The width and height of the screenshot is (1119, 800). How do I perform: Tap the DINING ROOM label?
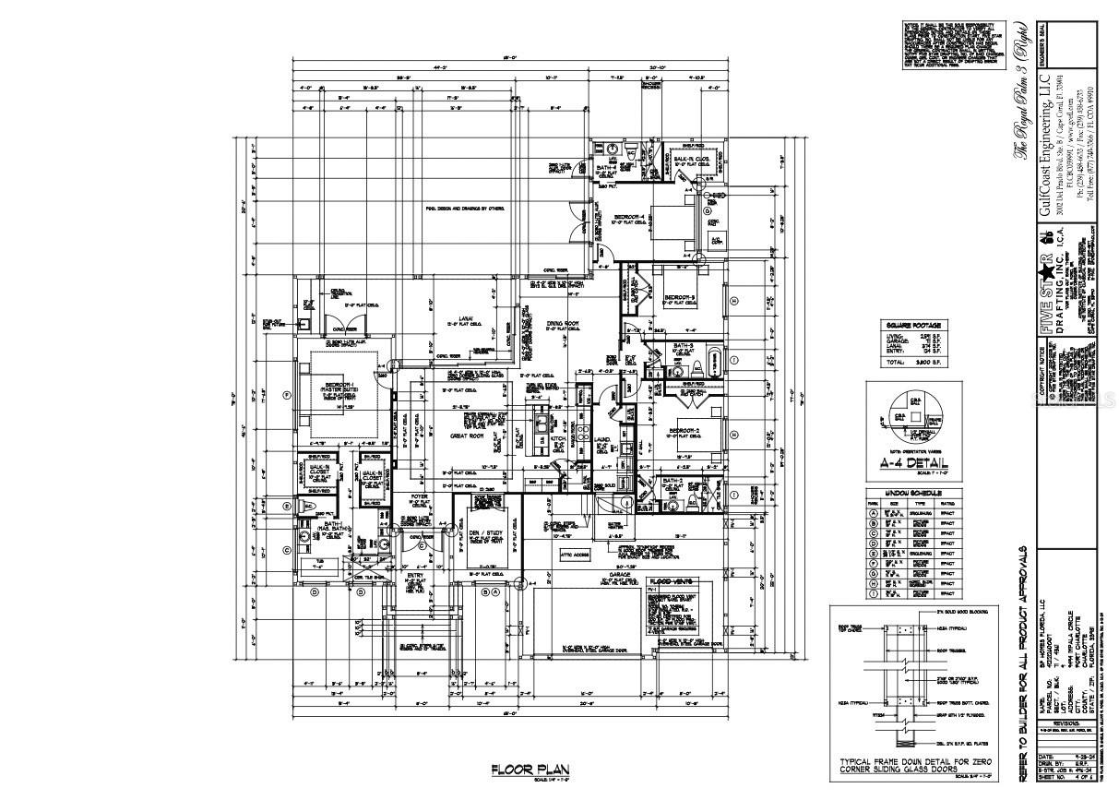(x=562, y=323)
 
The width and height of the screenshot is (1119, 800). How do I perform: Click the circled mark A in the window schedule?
(x=872, y=509)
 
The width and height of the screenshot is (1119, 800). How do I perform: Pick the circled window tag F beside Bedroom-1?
(x=287, y=395)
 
